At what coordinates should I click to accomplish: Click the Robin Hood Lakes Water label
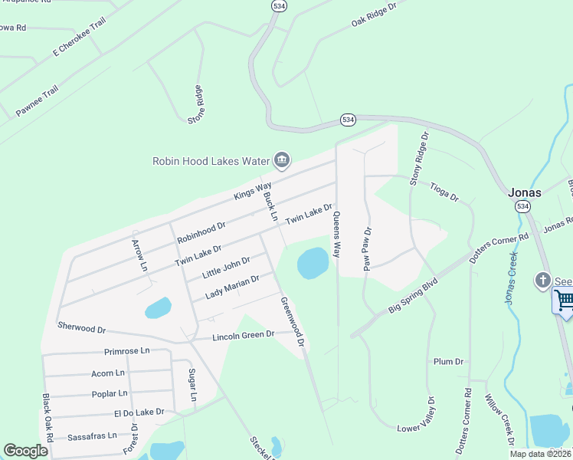212,161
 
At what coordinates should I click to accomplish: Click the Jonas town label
526,192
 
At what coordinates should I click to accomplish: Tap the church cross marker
544,280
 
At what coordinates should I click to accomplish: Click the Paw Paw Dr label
367,248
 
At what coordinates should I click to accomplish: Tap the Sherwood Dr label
81,327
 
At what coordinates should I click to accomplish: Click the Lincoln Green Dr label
243,336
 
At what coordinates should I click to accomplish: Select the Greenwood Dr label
293,321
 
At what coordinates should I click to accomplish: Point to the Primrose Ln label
127,351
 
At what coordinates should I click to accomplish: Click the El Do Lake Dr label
139,412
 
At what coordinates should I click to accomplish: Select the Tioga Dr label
444,191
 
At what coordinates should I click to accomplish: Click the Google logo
26,451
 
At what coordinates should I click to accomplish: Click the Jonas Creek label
512,277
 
